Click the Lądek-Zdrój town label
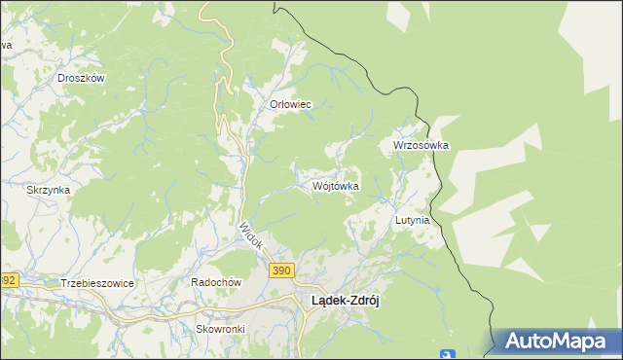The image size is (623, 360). point(344,301)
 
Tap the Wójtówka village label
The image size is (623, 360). point(336,185)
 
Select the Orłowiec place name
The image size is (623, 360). point(289,104)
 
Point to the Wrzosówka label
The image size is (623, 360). point(421,145)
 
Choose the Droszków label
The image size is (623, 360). point(81,78)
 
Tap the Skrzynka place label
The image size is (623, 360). point(49,190)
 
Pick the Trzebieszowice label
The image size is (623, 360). point(96,282)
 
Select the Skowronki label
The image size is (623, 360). point(220,329)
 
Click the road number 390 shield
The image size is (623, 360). point(281,270)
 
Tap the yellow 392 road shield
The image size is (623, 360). point(8,279)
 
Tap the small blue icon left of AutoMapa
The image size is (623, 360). point(447,354)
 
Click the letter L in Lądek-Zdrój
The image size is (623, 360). point(314,301)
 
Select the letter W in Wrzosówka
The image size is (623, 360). point(398,145)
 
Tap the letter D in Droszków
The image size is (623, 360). point(61,78)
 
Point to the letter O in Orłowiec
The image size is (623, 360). point(273,104)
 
